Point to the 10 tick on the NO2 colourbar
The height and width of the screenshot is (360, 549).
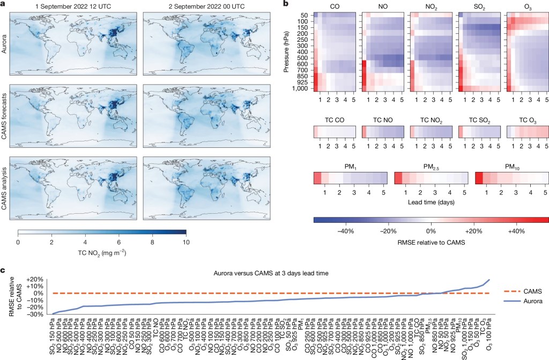185,242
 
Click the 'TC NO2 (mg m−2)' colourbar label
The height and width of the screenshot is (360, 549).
102,252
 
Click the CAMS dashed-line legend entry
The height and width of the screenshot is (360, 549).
523,291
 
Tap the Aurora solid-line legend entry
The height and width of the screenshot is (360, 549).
523,302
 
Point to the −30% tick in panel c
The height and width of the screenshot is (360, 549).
35,314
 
